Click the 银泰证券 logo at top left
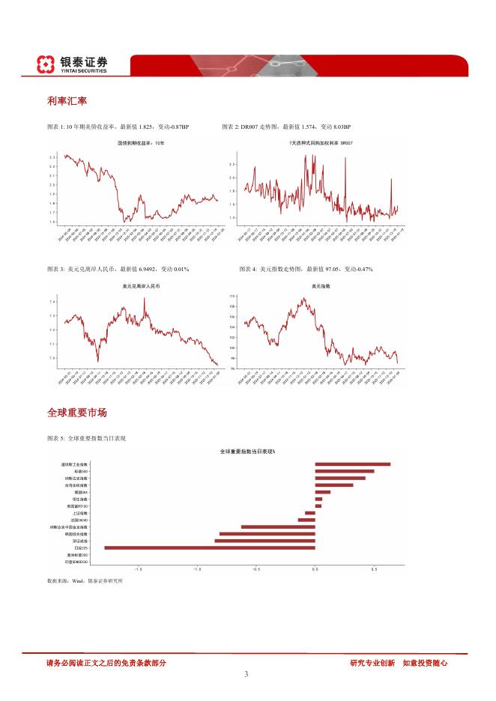(x=73, y=64)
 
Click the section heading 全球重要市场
(x=76, y=413)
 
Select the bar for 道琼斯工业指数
(x=352, y=464)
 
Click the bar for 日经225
(x=210, y=547)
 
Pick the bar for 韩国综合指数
(x=267, y=534)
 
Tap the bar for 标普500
(x=344, y=471)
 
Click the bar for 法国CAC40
(x=306, y=520)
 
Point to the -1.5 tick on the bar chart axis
(x=79, y=569)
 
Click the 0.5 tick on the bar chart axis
(x=374, y=569)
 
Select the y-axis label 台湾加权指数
(x=76, y=485)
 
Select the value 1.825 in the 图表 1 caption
(x=151, y=127)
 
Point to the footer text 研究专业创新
(x=372, y=663)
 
